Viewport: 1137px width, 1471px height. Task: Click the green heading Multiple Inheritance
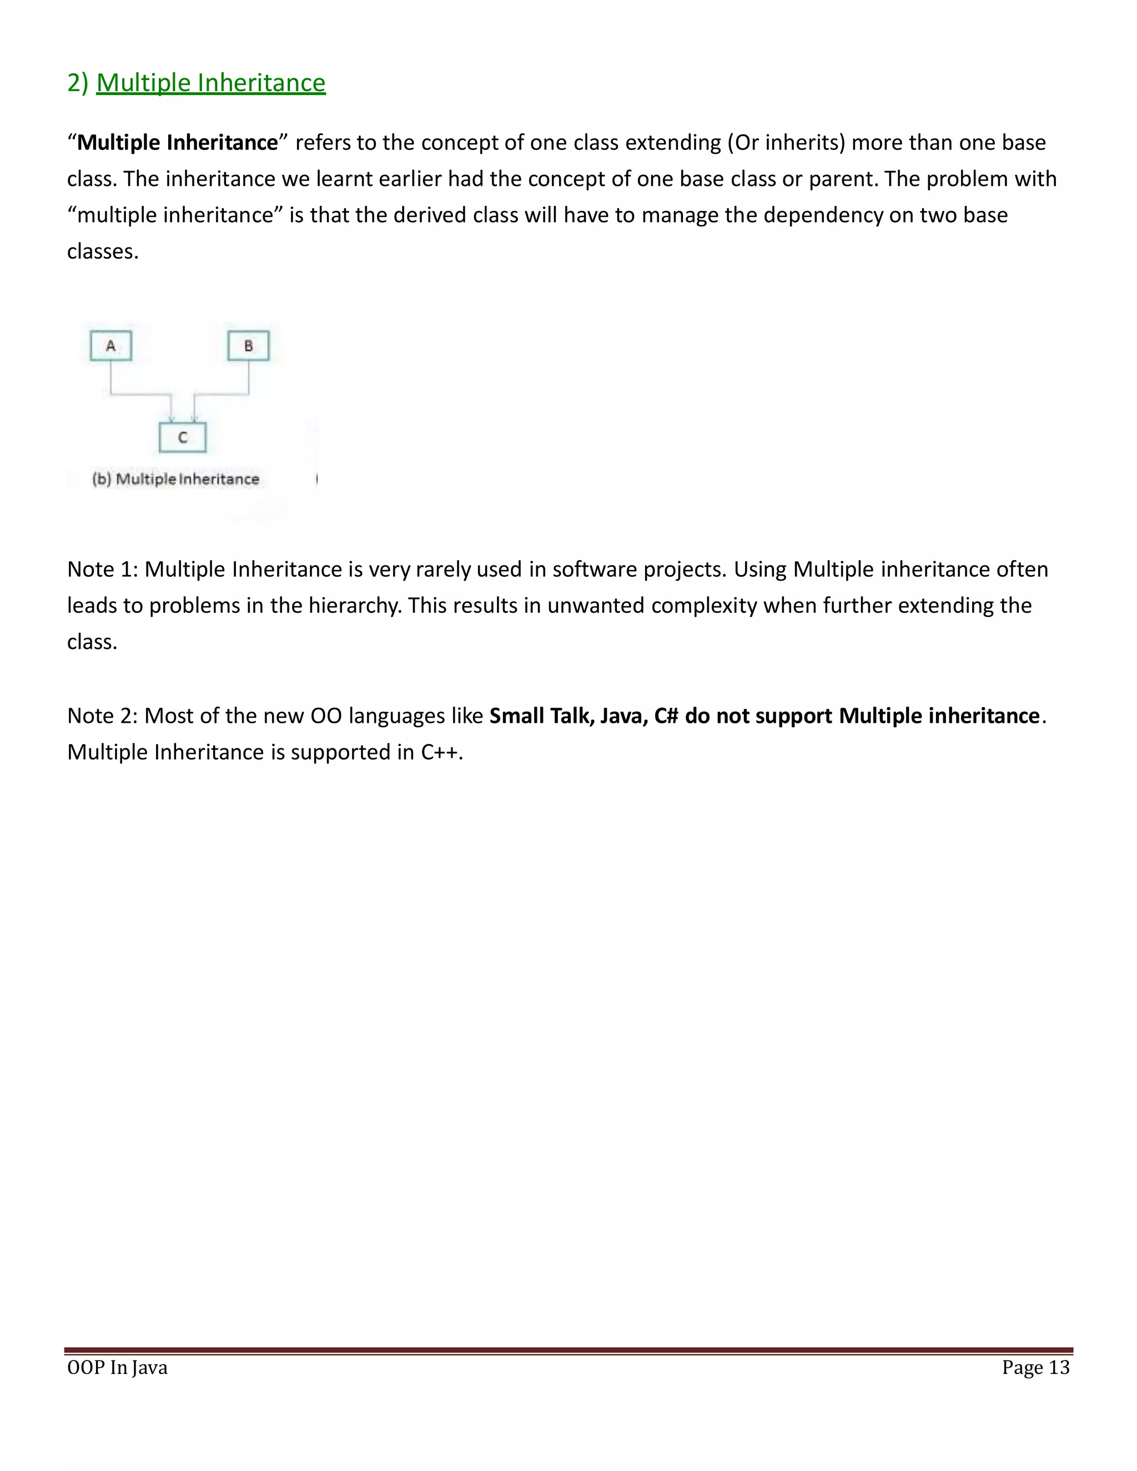tap(211, 83)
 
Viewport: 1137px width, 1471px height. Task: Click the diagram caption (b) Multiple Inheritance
tap(176, 479)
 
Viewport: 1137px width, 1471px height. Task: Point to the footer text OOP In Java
tap(117, 1368)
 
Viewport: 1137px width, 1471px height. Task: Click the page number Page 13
tap(1035, 1368)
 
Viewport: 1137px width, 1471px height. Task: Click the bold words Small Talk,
tap(541, 716)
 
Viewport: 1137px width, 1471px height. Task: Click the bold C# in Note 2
tap(666, 716)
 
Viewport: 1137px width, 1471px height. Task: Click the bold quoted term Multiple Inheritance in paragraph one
tap(177, 143)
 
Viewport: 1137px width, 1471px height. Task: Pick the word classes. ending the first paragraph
tap(102, 251)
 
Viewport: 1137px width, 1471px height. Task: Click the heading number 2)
tap(78, 83)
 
